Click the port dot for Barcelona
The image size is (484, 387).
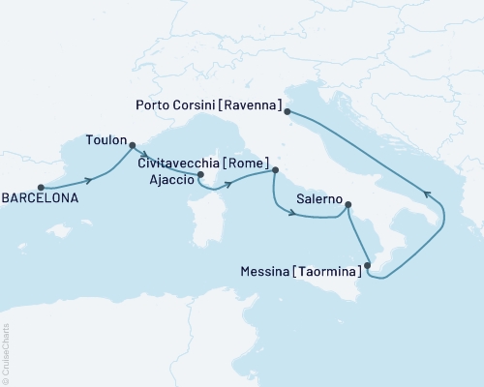click(x=41, y=187)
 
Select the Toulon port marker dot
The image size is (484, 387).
click(x=133, y=147)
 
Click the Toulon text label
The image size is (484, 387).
click(x=106, y=138)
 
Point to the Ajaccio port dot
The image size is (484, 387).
click(x=200, y=175)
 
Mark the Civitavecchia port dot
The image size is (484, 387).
click(x=275, y=170)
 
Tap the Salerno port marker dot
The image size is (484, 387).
click(x=348, y=205)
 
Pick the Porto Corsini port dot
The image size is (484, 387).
click(x=287, y=111)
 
